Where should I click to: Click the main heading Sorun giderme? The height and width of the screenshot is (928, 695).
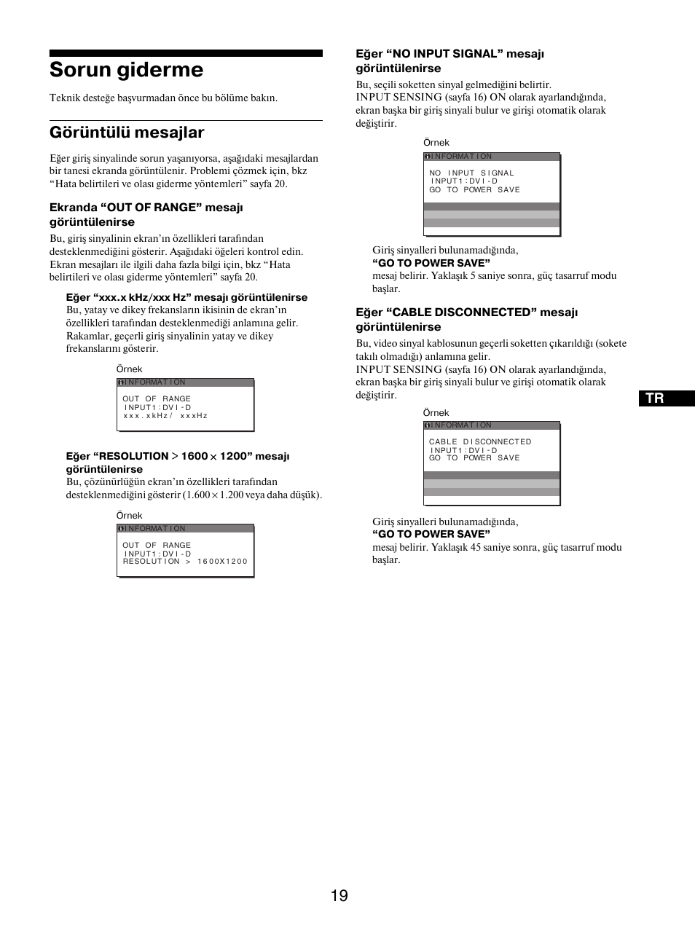point(126,70)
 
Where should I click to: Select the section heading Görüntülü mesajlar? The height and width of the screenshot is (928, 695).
point(127,133)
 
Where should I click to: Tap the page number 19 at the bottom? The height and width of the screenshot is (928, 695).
point(339,895)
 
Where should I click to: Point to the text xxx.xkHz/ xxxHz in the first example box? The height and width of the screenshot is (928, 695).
point(165,416)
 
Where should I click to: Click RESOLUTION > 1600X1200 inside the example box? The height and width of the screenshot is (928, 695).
point(185,562)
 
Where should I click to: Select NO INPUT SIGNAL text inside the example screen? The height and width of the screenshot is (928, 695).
point(471,173)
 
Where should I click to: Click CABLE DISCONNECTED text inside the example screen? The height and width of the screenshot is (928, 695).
point(480,442)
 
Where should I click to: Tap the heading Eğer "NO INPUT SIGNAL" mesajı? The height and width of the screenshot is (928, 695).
point(449,54)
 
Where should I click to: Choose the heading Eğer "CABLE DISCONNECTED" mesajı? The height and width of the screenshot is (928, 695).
point(466,312)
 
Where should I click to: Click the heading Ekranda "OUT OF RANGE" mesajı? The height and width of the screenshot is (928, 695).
point(146,208)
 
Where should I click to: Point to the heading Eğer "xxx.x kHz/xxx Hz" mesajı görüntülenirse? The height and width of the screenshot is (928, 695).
point(186,297)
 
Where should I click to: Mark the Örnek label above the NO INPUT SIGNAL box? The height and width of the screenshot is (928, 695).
point(436,143)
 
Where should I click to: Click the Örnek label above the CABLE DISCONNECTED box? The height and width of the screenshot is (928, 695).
point(436,413)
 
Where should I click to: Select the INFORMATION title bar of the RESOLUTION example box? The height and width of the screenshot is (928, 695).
point(185,528)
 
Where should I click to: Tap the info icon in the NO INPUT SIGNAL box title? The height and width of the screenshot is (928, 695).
point(428,157)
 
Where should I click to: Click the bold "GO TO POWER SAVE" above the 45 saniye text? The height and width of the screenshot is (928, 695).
point(431,534)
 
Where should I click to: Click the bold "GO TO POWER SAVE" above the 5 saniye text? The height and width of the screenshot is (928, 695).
point(431,263)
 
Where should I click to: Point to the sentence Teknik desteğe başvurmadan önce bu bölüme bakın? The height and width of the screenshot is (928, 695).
point(163,98)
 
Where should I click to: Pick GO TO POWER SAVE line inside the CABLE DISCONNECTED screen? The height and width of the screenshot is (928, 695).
point(474,458)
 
